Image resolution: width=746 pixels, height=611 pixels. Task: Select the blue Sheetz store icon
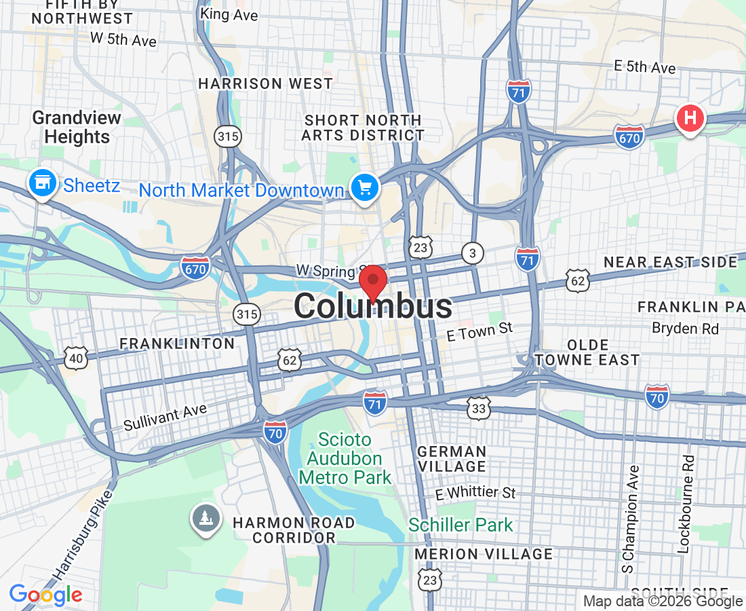coord(43,183)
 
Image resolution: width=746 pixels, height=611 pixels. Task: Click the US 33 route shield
coord(478,408)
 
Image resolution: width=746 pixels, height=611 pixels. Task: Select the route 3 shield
coord(472,253)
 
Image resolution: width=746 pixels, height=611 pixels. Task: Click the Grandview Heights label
coord(77,127)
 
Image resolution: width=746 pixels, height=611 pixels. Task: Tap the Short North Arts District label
coord(363,128)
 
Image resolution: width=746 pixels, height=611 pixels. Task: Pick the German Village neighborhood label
coord(452,459)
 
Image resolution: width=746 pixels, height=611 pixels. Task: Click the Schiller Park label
coord(460,525)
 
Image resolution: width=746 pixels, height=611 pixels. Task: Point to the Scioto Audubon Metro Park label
coord(345,458)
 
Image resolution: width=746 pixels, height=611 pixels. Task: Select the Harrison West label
coord(265,84)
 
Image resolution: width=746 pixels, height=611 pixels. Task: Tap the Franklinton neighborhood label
coord(177,344)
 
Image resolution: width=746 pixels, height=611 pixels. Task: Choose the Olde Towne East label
coord(587,352)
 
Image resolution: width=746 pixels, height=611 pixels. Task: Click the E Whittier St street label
coord(475,493)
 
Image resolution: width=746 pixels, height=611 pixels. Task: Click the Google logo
coord(45,595)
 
